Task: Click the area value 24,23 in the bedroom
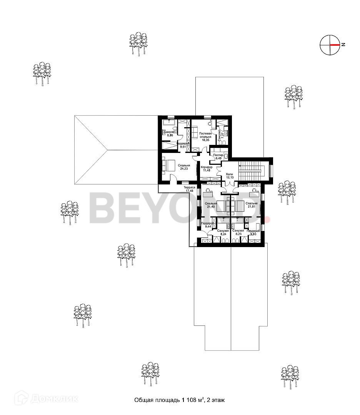[x=183, y=168]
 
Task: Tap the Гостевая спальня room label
[x=205, y=135]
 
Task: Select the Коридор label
[x=207, y=167]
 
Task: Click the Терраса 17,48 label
[x=189, y=189]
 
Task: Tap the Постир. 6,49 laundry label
[x=219, y=156]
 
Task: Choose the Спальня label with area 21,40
[x=211, y=205]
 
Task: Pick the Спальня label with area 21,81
[x=252, y=205]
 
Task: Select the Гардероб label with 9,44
[x=208, y=225]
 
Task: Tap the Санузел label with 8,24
[x=223, y=232]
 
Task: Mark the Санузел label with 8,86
[x=170, y=134]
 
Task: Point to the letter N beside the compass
[x=343, y=45]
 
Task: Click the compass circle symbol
[x=330, y=45]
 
